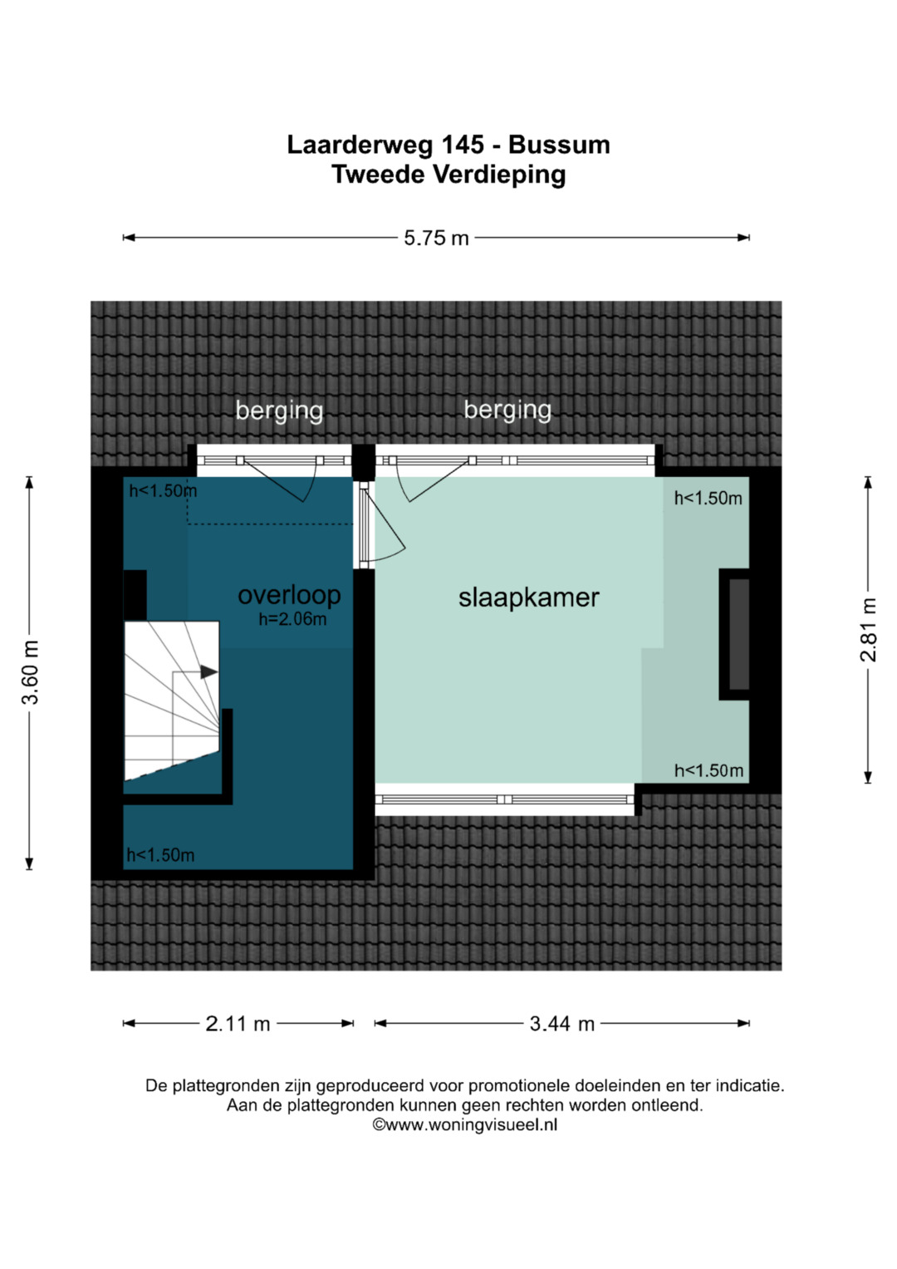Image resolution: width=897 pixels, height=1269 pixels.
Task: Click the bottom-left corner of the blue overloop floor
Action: (124, 869)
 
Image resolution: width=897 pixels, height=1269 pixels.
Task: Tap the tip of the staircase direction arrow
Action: (218, 671)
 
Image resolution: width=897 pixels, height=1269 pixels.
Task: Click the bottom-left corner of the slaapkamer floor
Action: (375, 783)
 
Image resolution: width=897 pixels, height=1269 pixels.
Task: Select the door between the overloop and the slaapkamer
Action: (383, 524)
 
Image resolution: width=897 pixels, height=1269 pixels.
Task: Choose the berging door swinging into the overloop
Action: (278, 480)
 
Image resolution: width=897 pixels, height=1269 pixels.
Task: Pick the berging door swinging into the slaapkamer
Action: (434, 480)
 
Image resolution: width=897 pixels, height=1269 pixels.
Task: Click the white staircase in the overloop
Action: (172, 701)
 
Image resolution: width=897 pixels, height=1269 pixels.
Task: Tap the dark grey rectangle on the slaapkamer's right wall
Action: (739, 635)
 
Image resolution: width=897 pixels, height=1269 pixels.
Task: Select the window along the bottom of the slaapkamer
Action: (505, 799)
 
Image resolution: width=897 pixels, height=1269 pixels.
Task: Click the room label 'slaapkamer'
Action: (528, 598)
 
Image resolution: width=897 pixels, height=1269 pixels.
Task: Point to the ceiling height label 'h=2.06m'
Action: (292, 619)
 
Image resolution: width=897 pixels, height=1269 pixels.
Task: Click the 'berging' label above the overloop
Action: (279, 411)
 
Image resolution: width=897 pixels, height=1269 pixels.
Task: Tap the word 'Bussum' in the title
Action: (559, 145)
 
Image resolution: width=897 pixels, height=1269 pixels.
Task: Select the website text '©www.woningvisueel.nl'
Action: (464, 1124)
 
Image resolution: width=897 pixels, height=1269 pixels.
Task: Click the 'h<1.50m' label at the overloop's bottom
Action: (160, 855)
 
